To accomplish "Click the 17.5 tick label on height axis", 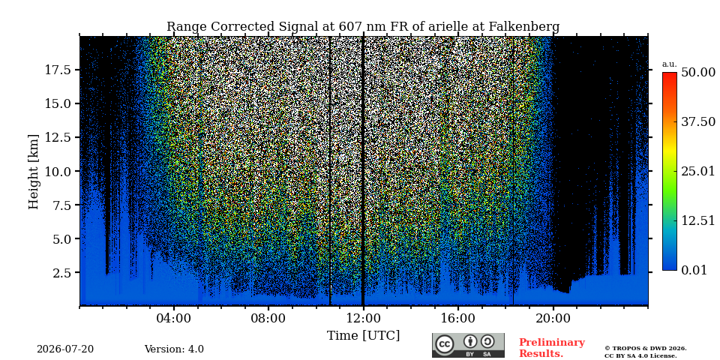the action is click(x=58, y=70).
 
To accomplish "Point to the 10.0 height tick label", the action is click(x=58, y=171).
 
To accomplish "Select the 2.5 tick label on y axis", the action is click(x=63, y=273).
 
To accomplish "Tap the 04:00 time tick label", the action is click(x=173, y=319).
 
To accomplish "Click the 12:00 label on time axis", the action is click(x=363, y=319).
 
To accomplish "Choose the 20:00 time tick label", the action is click(x=553, y=319).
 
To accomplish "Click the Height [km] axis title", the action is click(x=34, y=171).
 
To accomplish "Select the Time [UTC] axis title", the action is click(x=363, y=336).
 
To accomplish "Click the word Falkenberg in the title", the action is click(x=524, y=27).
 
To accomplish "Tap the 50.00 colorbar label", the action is click(x=698, y=73).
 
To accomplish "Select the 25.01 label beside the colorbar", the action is click(x=698, y=172).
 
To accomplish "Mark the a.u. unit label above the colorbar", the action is click(x=670, y=64).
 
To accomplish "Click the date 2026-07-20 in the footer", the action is click(x=65, y=349).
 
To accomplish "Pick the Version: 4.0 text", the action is click(x=174, y=349).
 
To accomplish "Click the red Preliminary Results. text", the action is click(x=552, y=348).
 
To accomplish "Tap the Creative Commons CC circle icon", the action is click(x=445, y=345).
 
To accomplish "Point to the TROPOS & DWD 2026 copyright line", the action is click(x=646, y=349).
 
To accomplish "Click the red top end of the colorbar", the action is click(x=670, y=73).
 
